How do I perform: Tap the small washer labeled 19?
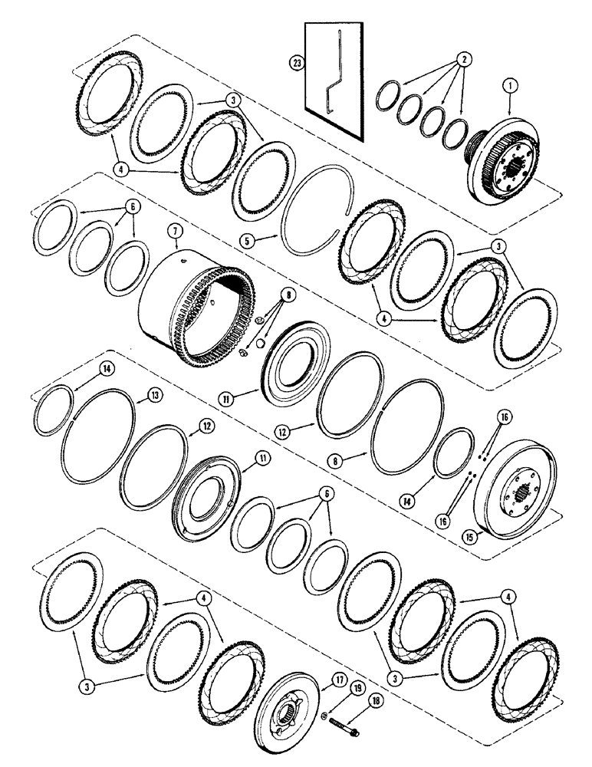point(325,718)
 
